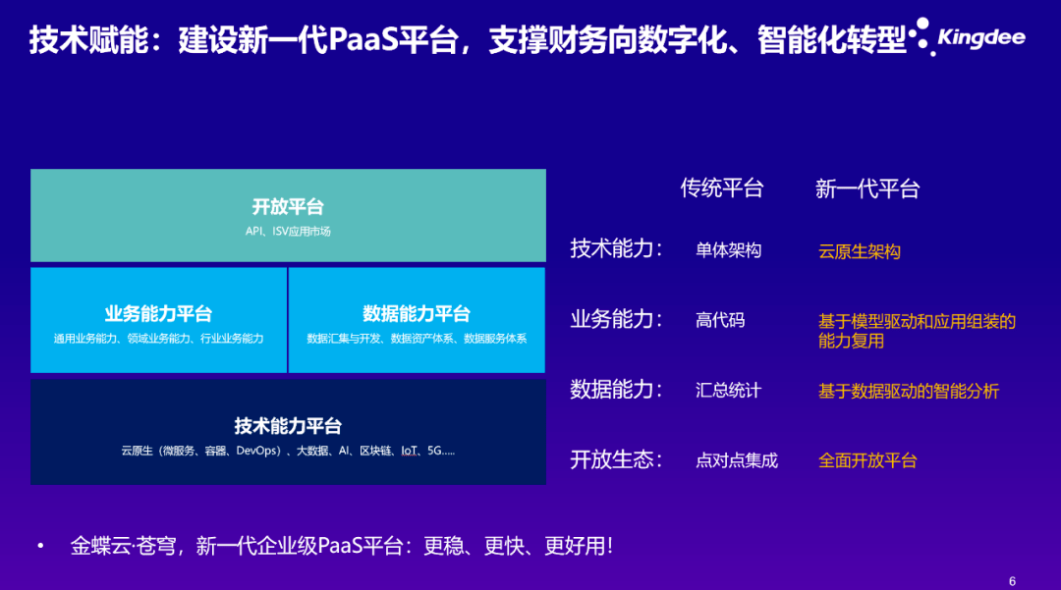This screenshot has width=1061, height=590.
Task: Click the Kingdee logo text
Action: [x=981, y=37]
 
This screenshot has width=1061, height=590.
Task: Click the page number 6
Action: [x=1012, y=581]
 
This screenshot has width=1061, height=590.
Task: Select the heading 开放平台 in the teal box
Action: [x=288, y=206]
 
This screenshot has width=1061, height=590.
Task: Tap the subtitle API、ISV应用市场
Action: [x=288, y=231]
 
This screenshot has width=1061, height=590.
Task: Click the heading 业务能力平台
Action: [x=158, y=313]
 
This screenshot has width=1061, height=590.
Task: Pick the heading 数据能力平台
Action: [x=417, y=313]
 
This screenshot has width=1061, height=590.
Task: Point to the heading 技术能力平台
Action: [x=288, y=426]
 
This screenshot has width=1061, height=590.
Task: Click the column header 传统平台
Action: [x=722, y=188]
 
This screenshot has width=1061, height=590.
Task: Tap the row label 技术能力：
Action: [x=616, y=248]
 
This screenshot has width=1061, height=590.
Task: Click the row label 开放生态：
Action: [x=616, y=460]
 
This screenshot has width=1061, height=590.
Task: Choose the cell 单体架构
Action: [x=729, y=250]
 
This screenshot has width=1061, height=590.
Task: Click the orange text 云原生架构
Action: [x=860, y=251]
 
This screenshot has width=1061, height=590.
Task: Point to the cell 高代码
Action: [x=721, y=320]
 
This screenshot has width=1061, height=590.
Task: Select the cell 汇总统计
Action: [x=729, y=391]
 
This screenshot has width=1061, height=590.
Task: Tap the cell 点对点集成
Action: [x=737, y=461]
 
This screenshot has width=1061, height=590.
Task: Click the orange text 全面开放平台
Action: [x=867, y=461]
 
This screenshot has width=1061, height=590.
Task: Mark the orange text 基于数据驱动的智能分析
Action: [x=909, y=392]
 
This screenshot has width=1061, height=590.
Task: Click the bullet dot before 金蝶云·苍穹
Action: [x=41, y=546]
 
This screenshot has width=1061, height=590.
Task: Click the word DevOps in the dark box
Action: [x=257, y=451]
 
